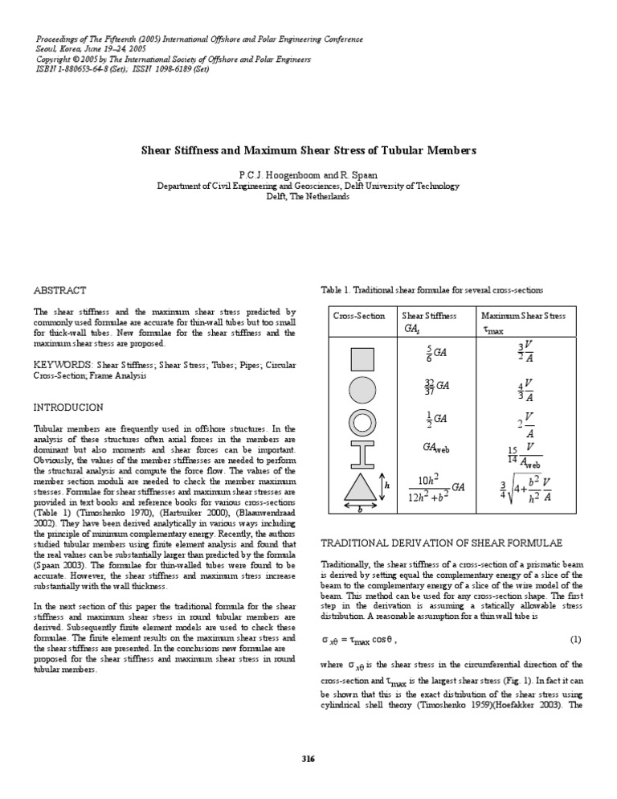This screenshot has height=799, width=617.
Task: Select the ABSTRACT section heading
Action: click(x=59, y=289)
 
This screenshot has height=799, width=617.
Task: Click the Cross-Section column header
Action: click(x=358, y=316)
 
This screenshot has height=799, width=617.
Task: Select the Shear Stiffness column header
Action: click(x=429, y=316)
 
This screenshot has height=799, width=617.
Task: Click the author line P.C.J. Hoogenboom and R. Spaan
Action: click(x=308, y=174)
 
